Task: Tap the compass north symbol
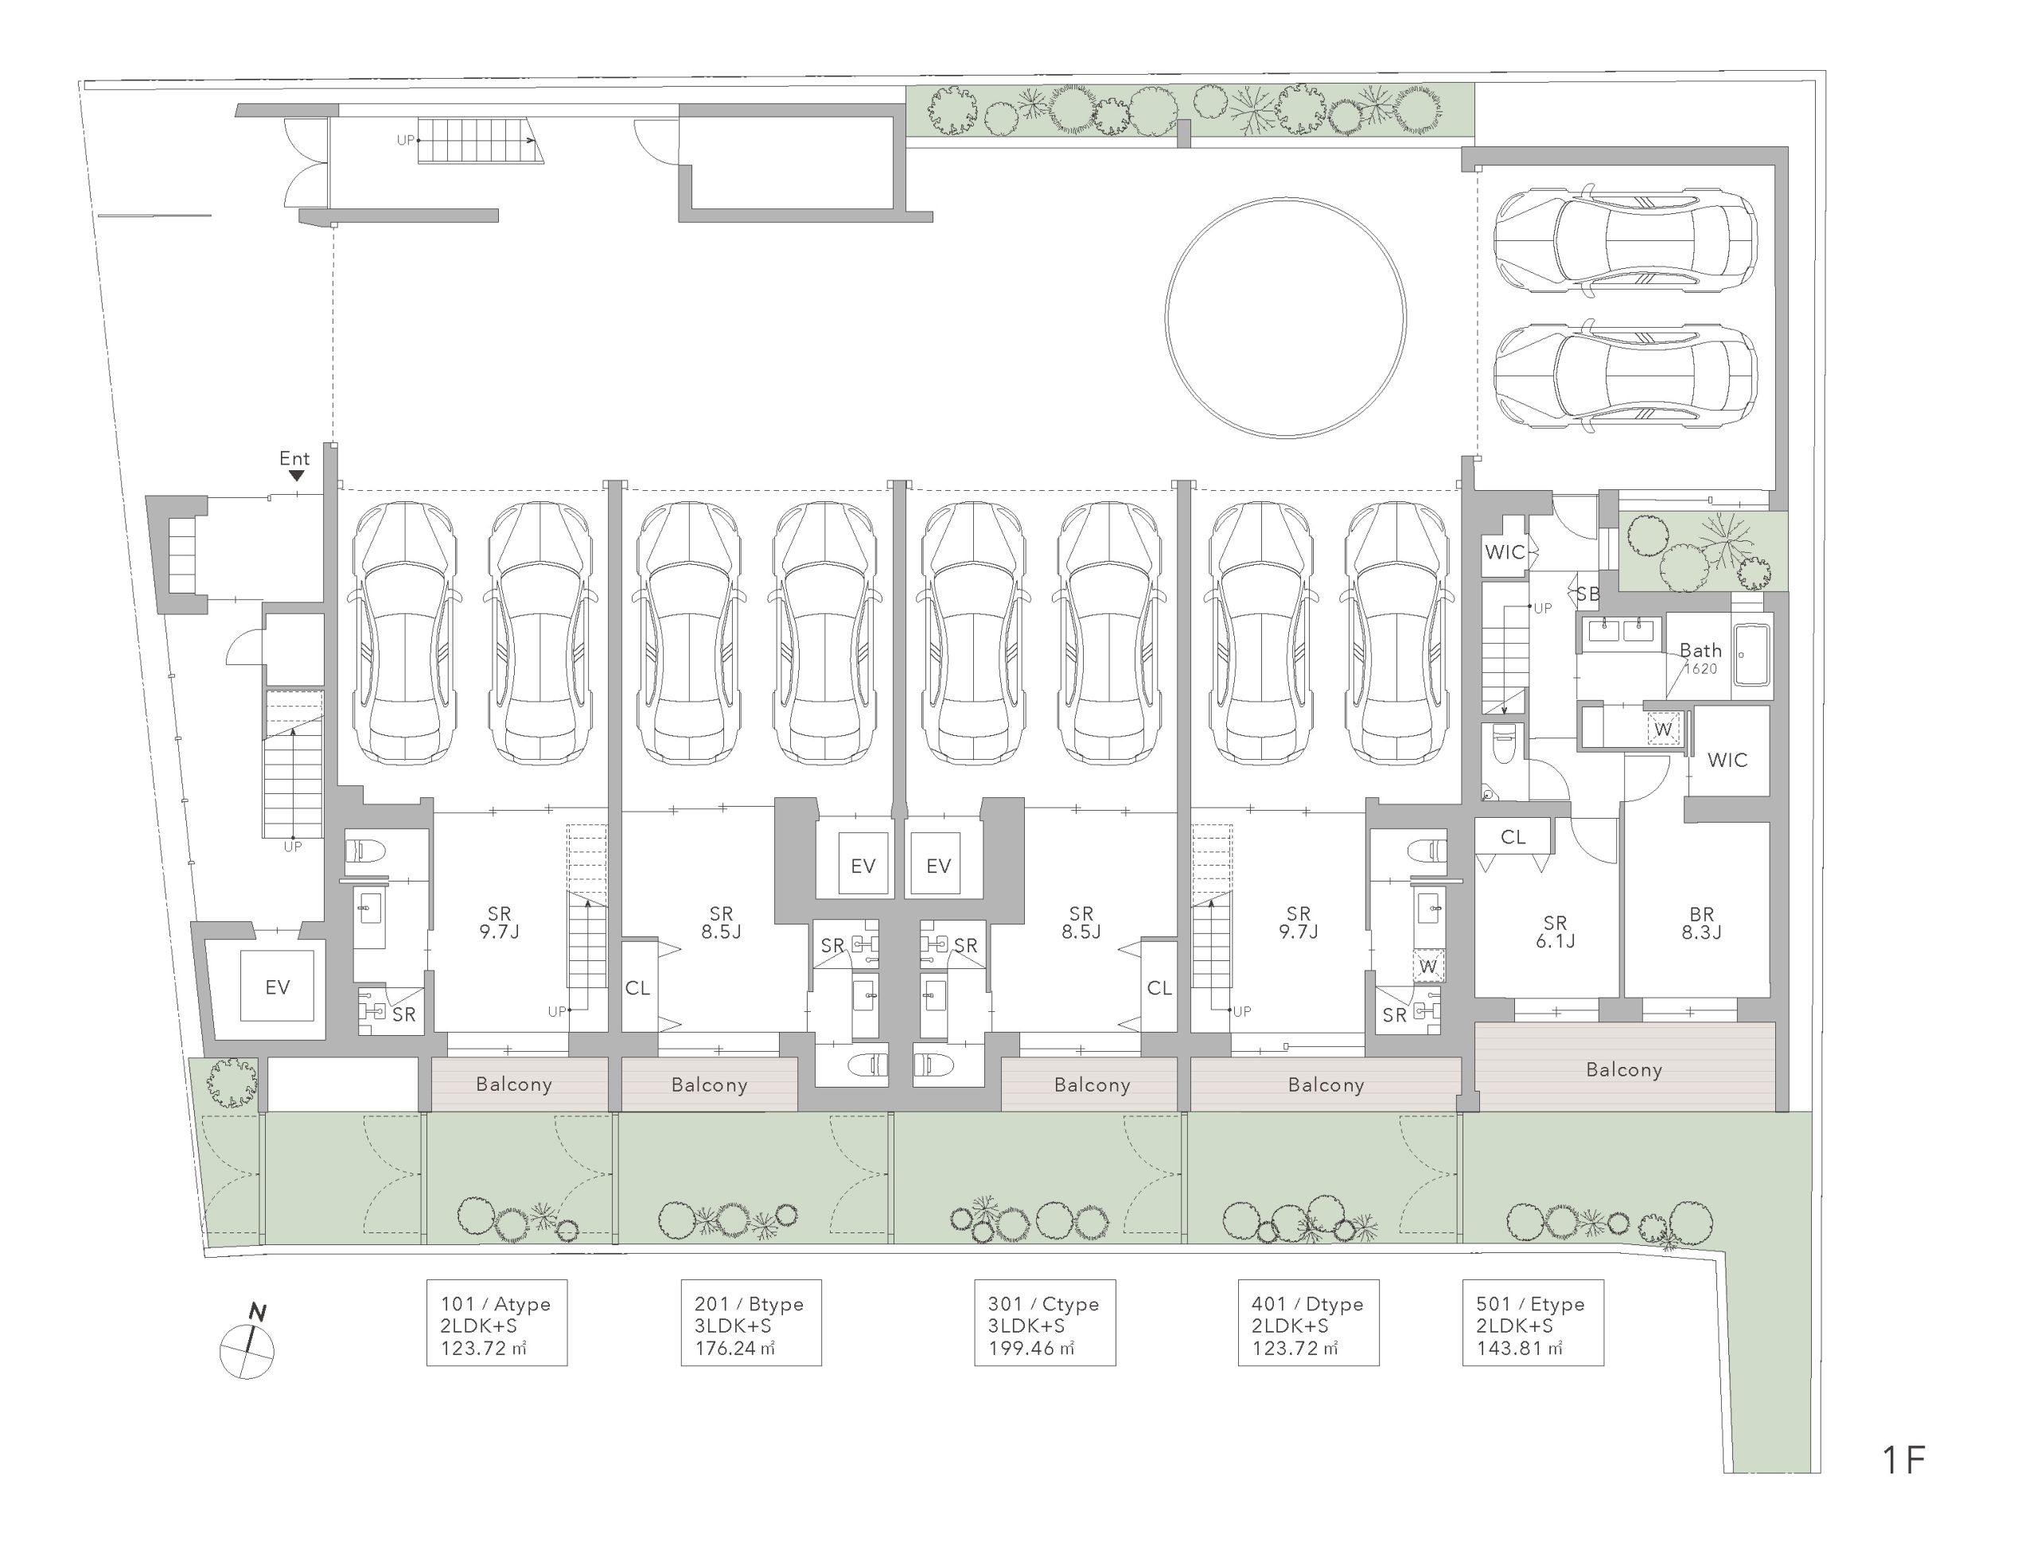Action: point(247,1344)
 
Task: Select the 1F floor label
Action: point(1903,1460)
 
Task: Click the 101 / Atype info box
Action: point(497,1322)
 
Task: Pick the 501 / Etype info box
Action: point(1533,1322)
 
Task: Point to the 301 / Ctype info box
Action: point(1045,1322)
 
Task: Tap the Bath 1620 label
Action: point(1700,658)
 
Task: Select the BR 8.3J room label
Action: point(1701,923)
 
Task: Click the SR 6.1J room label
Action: point(1555,932)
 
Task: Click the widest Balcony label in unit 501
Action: point(1624,1069)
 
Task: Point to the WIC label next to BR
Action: point(1727,760)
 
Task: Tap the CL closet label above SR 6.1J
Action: point(1513,837)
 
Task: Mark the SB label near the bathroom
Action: point(1587,594)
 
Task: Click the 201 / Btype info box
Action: point(750,1322)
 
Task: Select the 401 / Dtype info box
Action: point(1309,1322)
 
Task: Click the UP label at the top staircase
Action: point(405,140)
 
